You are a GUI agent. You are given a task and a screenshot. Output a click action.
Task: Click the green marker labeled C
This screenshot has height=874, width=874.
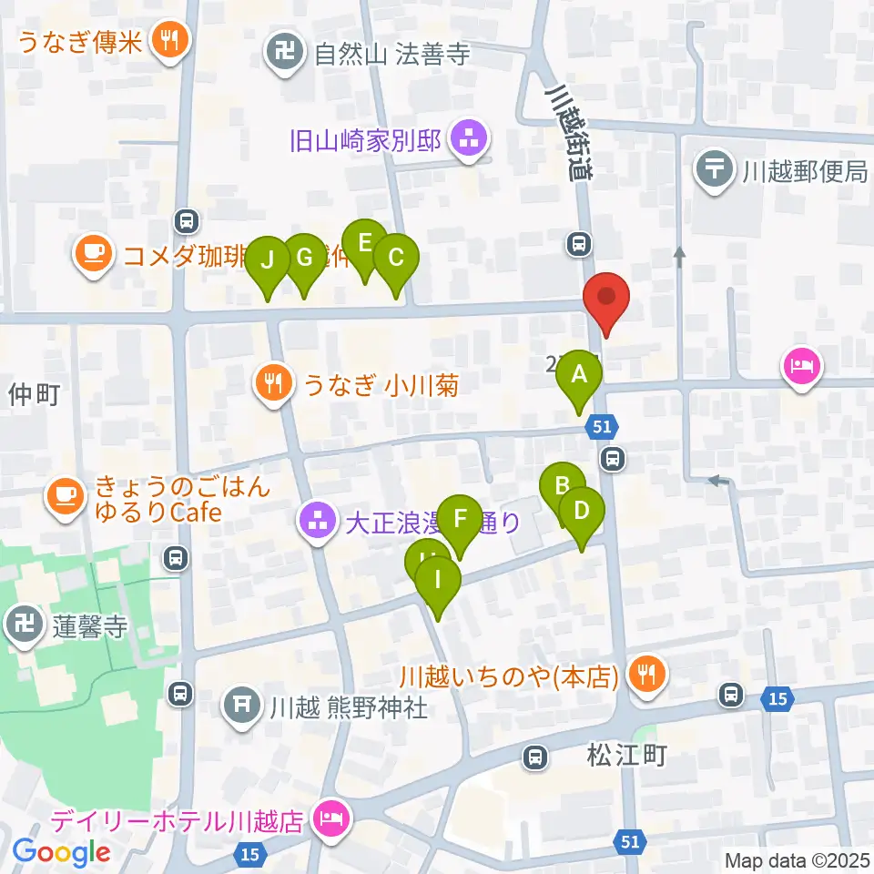click(395, 259)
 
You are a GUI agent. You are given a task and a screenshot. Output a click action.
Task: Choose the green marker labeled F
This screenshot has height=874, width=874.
click(460, 520)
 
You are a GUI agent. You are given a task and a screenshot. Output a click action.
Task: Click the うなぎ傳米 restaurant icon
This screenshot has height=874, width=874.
click(169, 39)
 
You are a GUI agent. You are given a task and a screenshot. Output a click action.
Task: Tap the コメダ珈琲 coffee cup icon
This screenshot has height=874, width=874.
click(94, 252)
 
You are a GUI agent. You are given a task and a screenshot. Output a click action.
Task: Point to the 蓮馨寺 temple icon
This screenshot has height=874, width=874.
click(22, 626)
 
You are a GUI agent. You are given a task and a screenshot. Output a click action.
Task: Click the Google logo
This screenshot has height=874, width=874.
click(61, 851)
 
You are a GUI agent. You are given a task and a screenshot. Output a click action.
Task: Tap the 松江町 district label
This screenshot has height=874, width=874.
click(627, 755)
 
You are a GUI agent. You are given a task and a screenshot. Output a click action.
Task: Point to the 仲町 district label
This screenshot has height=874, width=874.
click(35, 394)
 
